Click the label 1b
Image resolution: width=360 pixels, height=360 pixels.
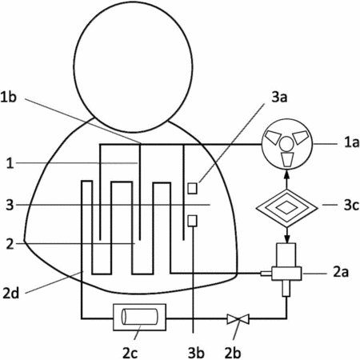click(9, 97)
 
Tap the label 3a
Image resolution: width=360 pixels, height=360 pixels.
click(279, 98)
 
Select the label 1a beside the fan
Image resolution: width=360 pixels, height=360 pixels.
click(351, 142)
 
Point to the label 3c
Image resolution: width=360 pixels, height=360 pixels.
click(351, 205)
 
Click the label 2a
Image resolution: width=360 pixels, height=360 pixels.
click(341, 272)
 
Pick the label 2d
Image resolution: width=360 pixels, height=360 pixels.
click(11, 293)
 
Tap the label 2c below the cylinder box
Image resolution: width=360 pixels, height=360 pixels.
click(130, 353)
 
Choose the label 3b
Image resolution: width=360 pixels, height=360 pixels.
click(196, 353)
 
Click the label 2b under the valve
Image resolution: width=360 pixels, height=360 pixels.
click(233, 353)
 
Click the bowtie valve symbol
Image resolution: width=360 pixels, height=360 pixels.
click(238, 318)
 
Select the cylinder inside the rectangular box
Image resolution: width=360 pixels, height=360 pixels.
click(140, 317)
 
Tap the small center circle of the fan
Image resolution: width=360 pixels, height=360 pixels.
click(286, 143)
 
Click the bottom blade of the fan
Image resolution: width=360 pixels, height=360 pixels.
click(287, 159)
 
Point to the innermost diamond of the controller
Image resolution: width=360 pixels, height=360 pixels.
click(287, 207)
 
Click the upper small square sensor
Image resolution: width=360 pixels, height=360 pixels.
click(192, 188)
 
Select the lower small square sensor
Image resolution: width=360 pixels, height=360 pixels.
click(192, 221)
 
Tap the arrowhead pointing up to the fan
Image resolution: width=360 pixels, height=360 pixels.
click(287, 175)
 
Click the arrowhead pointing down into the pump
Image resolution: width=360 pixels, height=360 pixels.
click(287, 239)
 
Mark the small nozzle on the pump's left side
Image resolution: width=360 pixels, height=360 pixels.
click(266, 274)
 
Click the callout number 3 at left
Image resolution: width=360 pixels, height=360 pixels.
click(10, 205)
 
